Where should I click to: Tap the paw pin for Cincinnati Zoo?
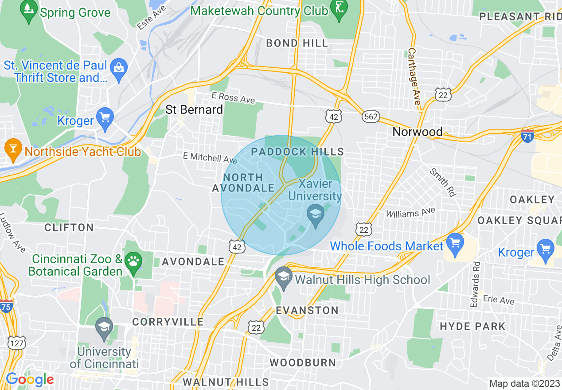[133, 261]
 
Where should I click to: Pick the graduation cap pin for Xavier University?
[316, 215]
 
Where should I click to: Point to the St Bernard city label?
[194, 109]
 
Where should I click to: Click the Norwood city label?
[418, 132]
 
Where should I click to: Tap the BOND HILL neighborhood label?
[297, 43]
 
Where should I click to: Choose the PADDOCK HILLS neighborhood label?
[297, 152]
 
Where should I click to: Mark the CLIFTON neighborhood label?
[69, 227]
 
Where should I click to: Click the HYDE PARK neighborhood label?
[472, 327]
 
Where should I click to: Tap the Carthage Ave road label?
[414, 76]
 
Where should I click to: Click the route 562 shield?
[371, 117]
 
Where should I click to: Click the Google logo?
[30, 379]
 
